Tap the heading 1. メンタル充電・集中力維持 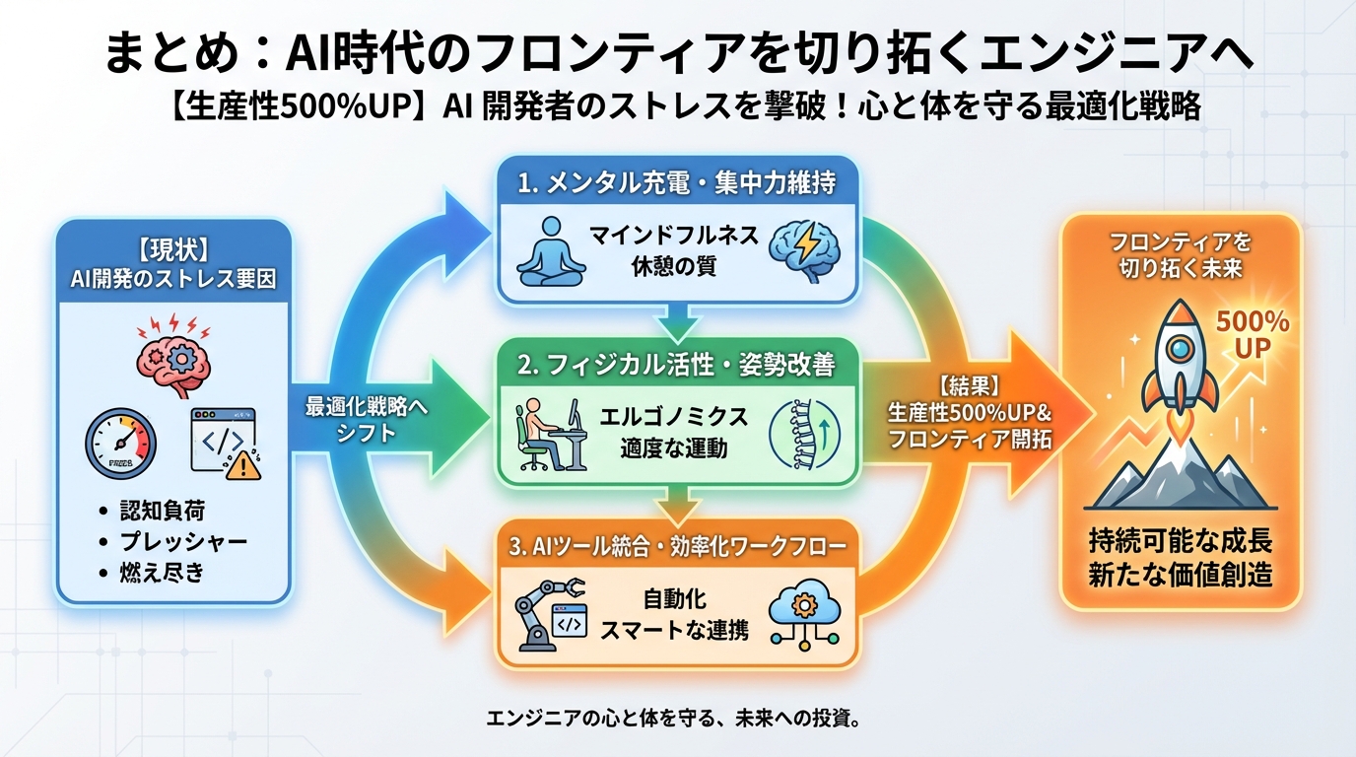click(678, 184)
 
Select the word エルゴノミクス click(675, 417)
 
